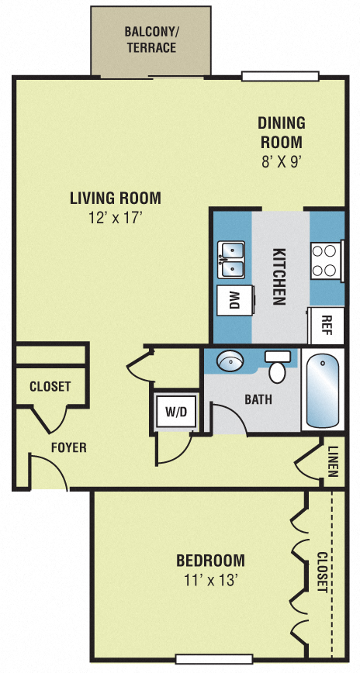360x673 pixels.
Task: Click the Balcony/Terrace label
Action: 151,40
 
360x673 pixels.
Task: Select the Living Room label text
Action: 115,198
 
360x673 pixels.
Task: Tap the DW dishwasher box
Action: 232,300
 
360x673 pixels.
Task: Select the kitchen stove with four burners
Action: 327,261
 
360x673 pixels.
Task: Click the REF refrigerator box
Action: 327,325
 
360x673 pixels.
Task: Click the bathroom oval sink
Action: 230,362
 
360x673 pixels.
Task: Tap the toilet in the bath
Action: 277,366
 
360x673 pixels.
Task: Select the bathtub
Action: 322,391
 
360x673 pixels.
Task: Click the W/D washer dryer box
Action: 176,412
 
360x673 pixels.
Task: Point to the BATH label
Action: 258,401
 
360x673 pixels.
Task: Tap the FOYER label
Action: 68,447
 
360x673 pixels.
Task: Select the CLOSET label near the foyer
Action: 50,386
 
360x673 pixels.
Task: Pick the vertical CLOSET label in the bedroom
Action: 323,571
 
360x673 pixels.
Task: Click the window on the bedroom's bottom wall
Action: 214,659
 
